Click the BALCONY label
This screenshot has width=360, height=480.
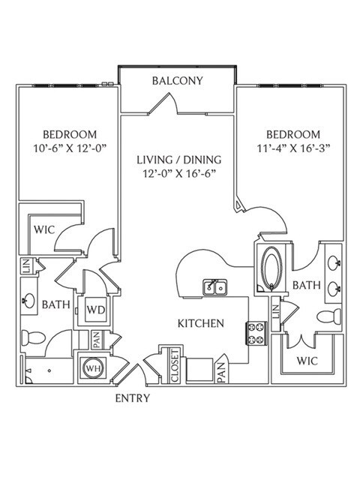coord(178,81)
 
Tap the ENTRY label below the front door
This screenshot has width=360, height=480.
coord(133,398)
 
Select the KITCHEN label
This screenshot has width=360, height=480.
coord(201,323)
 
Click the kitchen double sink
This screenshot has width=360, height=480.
coord(215,287)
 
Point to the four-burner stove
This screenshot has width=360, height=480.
coord(256,334)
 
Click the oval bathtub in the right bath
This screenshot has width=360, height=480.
coord(271,268)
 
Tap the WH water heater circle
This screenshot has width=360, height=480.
coord(93,368)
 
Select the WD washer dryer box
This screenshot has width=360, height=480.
coord(96,310)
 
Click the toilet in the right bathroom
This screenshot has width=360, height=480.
coord(329,316)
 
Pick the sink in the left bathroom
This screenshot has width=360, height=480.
coord(29,301)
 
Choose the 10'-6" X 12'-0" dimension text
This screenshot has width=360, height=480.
coord(70,148)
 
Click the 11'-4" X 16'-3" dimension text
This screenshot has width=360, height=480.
coord(293,148)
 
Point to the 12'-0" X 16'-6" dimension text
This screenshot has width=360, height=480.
coord(179,174)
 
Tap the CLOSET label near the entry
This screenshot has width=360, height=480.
coord(175,366)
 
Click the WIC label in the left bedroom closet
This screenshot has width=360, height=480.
coord(44,229)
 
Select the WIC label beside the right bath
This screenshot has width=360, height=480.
coord(307,361)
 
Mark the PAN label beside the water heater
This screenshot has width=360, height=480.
coord(97,340)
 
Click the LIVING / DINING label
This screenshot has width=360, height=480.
coord(179,160)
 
